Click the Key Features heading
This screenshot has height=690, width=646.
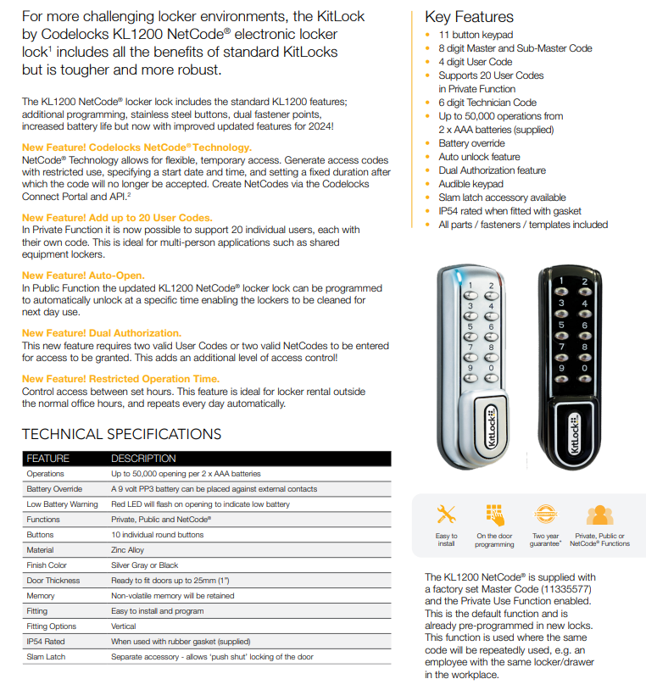tap(469, 16)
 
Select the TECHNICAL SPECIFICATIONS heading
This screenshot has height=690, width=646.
tap(121, 434)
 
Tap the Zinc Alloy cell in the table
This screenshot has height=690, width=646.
tap(128, 550)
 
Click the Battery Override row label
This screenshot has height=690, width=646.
tap(54, 489)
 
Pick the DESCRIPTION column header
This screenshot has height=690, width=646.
tap(143, 459)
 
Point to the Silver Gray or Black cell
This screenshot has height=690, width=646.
tap(145, 565)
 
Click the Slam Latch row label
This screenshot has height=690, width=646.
tap(46, 657)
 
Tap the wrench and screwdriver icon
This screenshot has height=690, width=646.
tap(446, 515)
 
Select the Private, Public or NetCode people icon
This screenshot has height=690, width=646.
tap(599, 515)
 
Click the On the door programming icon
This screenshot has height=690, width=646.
tap(494, 515)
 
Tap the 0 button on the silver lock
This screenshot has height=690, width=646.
tap(490, 369)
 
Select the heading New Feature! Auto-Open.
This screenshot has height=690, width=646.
tap(83, 275)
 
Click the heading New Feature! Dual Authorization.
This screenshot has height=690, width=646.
tap(101, 333)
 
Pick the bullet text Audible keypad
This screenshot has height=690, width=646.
tap(471, 184)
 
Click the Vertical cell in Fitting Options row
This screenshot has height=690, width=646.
tap(124, 626)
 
